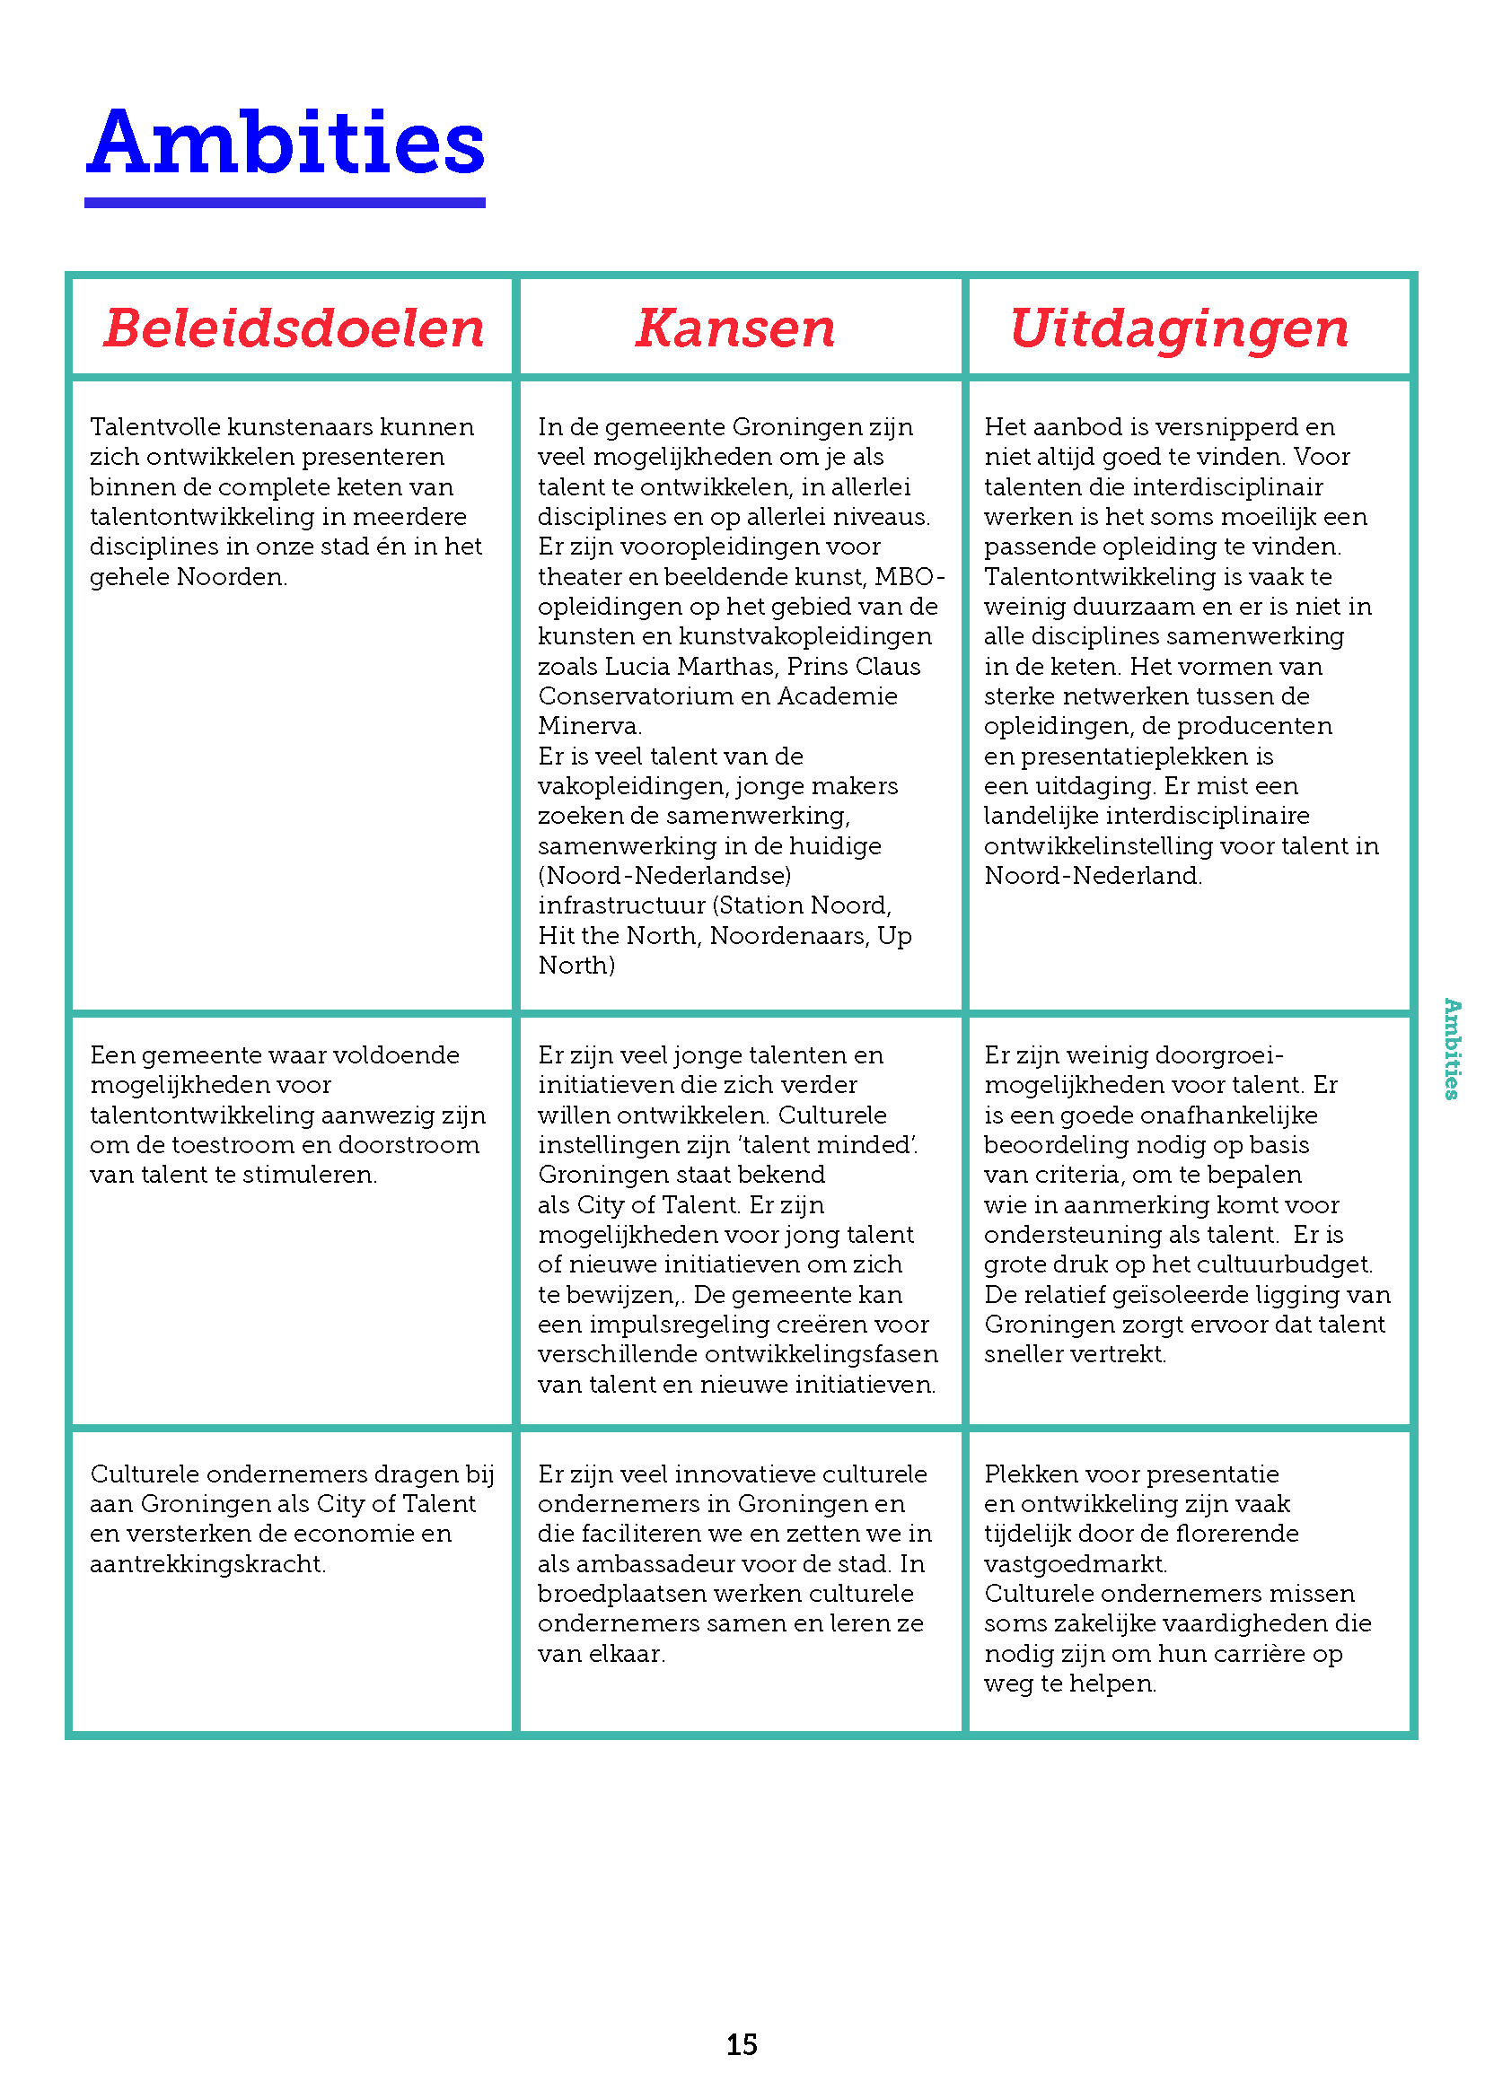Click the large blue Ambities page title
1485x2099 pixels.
(286, 143)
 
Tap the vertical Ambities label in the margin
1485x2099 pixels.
(1451, 1047)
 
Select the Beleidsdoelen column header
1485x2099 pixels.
(294, 328)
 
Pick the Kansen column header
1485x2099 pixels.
(735, 328)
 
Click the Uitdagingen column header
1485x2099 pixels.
(1179, 328)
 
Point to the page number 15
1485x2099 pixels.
(742, 2044)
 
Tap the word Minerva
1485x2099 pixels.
(589, 726)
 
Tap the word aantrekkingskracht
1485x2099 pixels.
(206, 1564)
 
